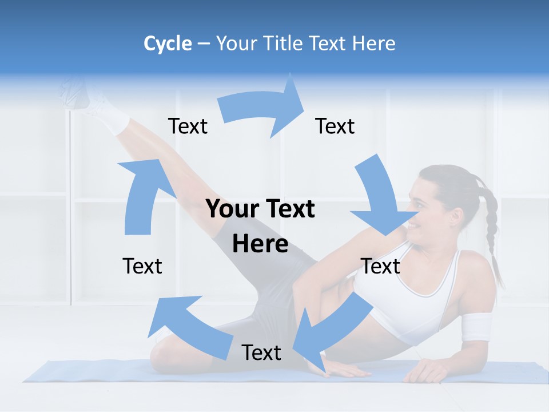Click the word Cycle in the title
[168, 43]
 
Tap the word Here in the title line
[373, 43]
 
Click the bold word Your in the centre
[228, 209]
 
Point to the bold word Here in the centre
[260, 244]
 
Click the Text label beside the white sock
[188, 126]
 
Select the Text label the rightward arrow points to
[335, 126]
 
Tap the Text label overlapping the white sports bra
[380, 267]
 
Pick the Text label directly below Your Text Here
[261, 353]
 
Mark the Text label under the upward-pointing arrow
[142, 267]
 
